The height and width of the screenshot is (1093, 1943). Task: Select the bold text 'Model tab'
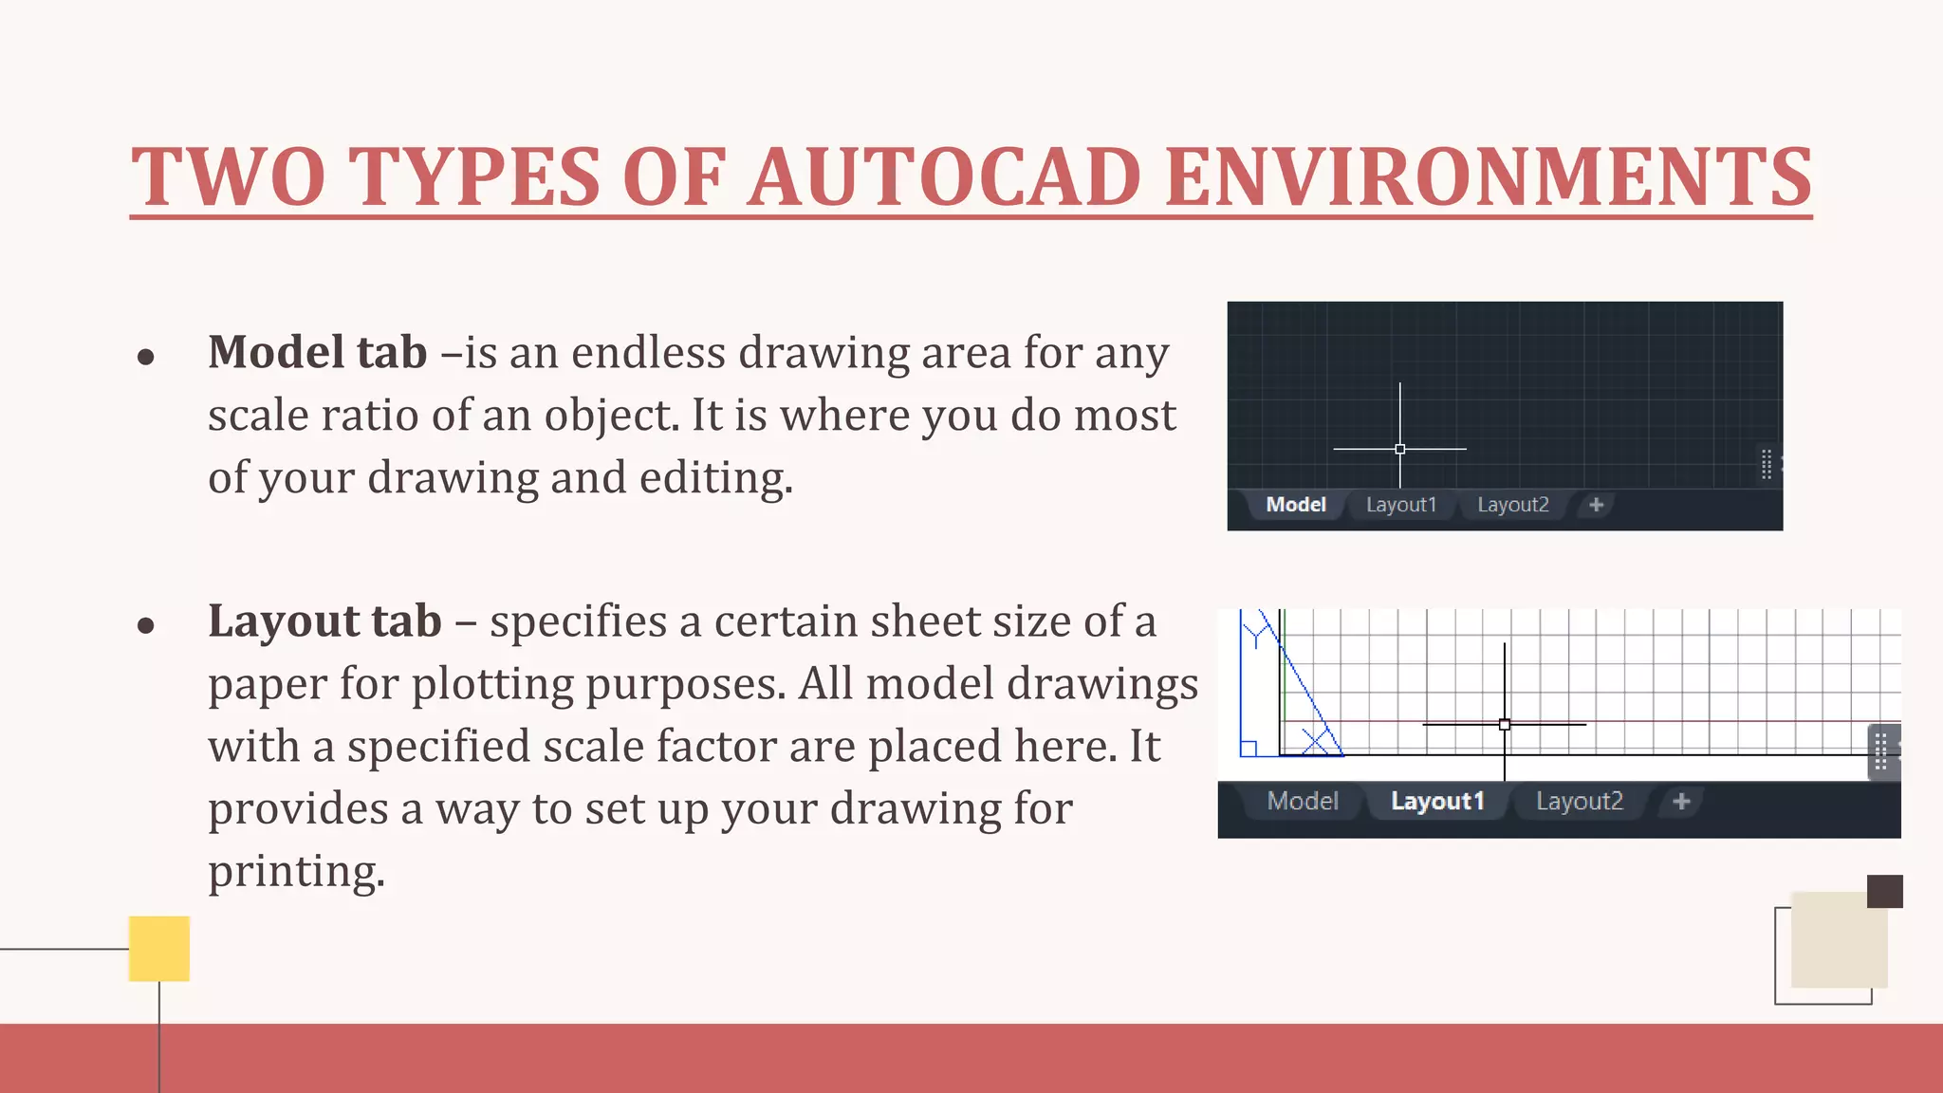[318, 352]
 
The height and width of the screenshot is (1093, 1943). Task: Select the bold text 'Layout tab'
[324, 621]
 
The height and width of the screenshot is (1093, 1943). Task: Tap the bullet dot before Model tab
[145, 357]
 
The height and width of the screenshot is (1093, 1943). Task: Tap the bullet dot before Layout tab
[145, 625]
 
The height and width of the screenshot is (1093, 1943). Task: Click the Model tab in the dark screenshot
[1295, 505]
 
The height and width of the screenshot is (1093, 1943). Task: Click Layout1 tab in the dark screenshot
[1400, 505]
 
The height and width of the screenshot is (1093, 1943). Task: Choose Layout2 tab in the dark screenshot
[1512, 505]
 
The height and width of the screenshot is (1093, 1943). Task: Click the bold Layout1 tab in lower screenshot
[1436, 802]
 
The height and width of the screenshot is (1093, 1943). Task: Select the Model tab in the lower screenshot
[1303, 802]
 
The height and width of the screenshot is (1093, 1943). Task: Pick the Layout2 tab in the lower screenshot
[1579, 802]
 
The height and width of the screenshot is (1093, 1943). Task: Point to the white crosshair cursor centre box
[1400, 449]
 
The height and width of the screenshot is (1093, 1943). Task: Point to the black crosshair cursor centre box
[1505, 725]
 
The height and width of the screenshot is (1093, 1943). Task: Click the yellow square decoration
[159, 948]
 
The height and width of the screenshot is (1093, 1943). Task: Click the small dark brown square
[1884, 892]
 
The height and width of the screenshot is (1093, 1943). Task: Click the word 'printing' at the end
[294, 872]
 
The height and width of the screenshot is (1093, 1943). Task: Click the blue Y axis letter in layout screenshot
[1257, 633]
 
